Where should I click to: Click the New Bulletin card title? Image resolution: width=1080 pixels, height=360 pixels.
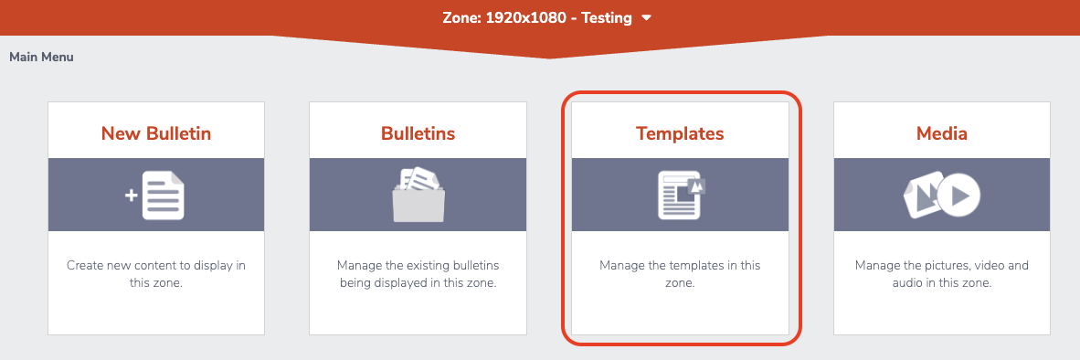click(x=155, y=132)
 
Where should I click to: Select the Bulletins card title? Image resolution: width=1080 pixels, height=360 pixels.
click(x=418, y=132)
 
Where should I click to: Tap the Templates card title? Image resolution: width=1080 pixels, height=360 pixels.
click(x=680, y=133)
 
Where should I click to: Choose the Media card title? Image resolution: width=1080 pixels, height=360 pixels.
click(x=941, y=132)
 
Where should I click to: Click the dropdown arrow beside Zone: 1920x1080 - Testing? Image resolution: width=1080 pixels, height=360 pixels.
click(x=646, y=18)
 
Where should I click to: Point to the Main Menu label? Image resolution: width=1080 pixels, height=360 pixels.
click(x=41, y=58)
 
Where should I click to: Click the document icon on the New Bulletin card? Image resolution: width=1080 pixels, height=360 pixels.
click(x=164, y=196)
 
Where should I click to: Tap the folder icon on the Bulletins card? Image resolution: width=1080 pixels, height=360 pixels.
click(x=418, y=196)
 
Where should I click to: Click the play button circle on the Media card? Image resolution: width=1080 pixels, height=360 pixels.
click(x=958, y=196)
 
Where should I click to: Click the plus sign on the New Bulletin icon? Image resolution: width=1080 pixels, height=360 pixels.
click(x=131, y=196)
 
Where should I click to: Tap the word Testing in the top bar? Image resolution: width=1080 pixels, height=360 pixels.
click(x=606, y=18)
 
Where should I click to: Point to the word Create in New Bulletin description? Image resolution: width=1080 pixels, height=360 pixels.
click(x=84, y=265)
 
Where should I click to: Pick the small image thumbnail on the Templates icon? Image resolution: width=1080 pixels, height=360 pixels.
click(x=697, y=186)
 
